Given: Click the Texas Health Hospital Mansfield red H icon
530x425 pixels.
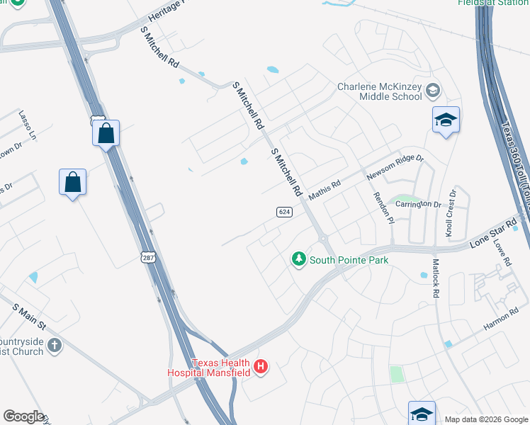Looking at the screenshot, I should [x=261, y=366].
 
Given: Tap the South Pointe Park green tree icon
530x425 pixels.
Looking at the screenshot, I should [x=299, y=260].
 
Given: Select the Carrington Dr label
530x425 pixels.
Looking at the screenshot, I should [x=418, y=204].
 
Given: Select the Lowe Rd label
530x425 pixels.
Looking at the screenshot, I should [x=504, y=253].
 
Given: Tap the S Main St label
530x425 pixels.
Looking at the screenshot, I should [x=28, y=316].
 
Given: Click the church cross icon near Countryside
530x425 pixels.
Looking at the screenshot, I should [x=55, y=346].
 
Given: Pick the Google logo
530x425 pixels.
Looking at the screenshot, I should [x=23, y=416].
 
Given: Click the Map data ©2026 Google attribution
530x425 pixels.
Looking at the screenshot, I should [x=486, y=419].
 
